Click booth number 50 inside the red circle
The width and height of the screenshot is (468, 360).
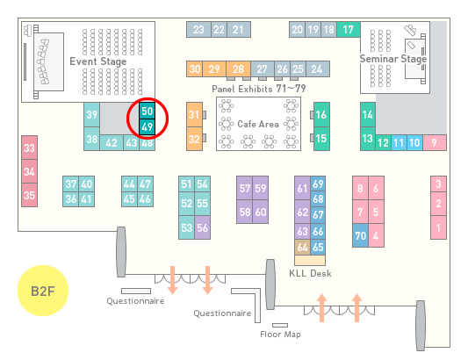pyautogui.click(x=148, y=111)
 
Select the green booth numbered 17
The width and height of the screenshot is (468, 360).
pyautogui.click(x=349, y=30)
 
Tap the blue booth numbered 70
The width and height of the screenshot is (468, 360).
pyautogui.click(x=360, y=235)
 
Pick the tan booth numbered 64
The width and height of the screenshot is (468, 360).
pyautogui.click(x=302, y=247)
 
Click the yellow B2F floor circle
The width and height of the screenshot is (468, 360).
pyautogui.click(x=43, y=291)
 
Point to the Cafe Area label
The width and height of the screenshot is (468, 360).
pyautogui.click(x=258, y=124)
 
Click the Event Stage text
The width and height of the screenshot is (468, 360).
pyautogui.click(x=98, y=61)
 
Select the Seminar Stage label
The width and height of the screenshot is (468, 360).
pyautogui.click(x=393, y=59)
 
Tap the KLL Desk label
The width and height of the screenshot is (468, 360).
pyautogui.click(x=311, y=273)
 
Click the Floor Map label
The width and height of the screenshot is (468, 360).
pyautogui.click(x=280, y=334)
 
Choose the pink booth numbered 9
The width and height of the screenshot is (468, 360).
pyautogui.click(x=435, y=143)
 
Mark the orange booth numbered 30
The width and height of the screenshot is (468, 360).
pyautogui.click(x=195, y=69)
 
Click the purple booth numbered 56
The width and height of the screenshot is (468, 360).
pyautogui.click(x=202, y=227)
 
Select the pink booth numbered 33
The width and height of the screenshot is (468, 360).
pyautogui.click(x=29, y=148)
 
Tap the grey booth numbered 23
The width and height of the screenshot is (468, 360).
pyautogui.click(x=198, y=30)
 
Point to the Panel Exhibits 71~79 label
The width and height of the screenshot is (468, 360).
pyautogui.click(x=259, y=89)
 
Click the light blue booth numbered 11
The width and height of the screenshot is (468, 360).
pyautogui.click(x=399, y=143)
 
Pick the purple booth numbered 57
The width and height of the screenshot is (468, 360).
pyautogui.click(x=244, y=188)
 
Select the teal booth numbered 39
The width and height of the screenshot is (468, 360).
pyautogui.click(x=91, y=115)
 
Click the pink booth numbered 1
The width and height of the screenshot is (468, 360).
pyautogui.click(x=438, y=227)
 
